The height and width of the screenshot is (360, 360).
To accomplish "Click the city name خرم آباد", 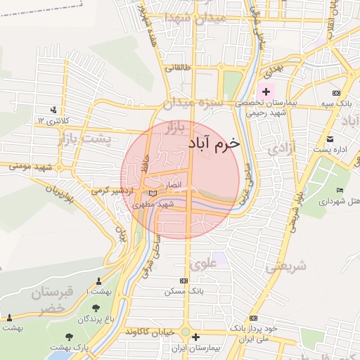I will (x=214, y=143).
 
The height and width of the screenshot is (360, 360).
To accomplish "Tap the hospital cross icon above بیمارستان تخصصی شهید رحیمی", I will (x=266, y=91).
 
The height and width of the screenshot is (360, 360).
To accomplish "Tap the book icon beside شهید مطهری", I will (x=153, y=193).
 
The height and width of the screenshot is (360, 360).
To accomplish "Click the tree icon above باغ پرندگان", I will (x=96, y=308).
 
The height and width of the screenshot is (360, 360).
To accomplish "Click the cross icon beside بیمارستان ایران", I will (x=195, y=337).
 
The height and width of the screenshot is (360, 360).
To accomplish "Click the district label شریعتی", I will (x=287, y=266).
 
